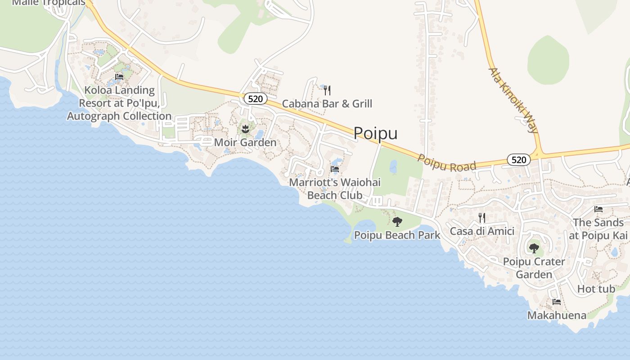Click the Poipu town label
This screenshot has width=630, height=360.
(x=375, y=133)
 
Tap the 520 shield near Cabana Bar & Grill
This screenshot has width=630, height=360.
(x=255, y=99)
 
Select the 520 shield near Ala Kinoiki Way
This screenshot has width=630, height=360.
(x=518, y=159)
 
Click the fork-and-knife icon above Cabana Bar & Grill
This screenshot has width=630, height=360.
(x=327, y=90)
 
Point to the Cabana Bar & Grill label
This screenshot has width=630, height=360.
(x=327, y=104)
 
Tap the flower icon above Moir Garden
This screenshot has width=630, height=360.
(x=245, y=130)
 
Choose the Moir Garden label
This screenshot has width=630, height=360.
(x=245, y=143)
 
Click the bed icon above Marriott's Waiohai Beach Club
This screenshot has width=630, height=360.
(x=335, y=169)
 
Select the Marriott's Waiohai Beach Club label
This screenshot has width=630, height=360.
(x=335, y=189)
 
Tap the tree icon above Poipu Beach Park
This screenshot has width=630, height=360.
(x=397, y=221)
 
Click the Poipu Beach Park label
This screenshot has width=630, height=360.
(x=397, y=235)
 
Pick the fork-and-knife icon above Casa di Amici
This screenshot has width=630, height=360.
(x=482, y=218)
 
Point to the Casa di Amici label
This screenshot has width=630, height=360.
(x=482, y=231)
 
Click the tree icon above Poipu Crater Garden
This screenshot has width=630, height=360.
(x=534, y=248)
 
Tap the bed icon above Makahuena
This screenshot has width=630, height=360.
(x=557, y=302)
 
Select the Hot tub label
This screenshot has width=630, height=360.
(x=596, y=289)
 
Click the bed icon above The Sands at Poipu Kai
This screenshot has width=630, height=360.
(x=598, y=209)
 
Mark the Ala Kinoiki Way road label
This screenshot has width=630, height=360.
(x=514, y=100)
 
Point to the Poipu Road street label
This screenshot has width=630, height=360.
(x=446, y=163)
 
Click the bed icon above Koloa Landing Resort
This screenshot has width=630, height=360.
(x=119, y=77)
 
